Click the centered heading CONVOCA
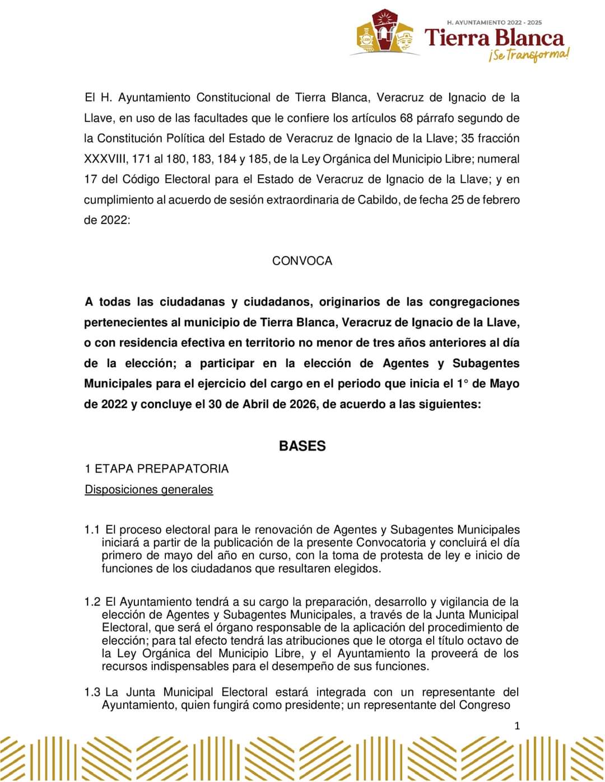click(x=302, y=261)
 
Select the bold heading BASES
click(x=302, y=446)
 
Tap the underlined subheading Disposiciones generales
click(x=148, y=490)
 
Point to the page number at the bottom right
click(x=517, y=726)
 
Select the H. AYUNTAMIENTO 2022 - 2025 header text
click(x=494, y=22)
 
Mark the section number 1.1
click(x=92, y=530)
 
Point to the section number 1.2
click(x=92, y=602)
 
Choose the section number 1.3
click(x=92, y=692)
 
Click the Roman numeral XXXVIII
click(x=106, y=159)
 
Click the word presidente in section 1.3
click(x=310, y=705)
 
